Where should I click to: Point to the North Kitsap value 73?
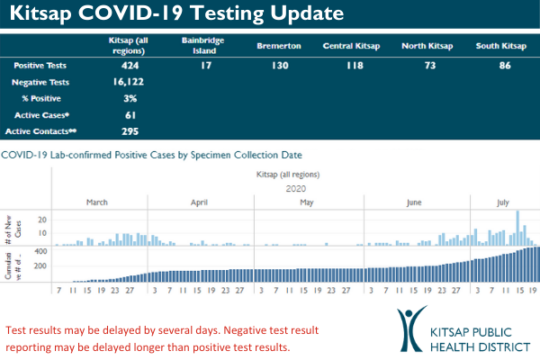click(427, 66)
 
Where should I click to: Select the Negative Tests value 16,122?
click(135, 82)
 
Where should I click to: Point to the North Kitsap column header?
click(427, 44)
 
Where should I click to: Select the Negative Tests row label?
click(41, 82)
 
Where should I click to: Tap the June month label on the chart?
click(414, 202)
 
